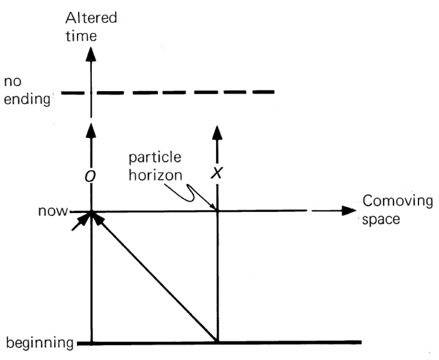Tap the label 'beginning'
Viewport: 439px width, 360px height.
(x=40, y=344)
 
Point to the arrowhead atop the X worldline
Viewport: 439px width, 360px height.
(x=217, y=130)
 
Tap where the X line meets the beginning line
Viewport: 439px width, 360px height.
(x=217, y=343)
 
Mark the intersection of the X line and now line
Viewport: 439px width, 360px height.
(x=217, y=211)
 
